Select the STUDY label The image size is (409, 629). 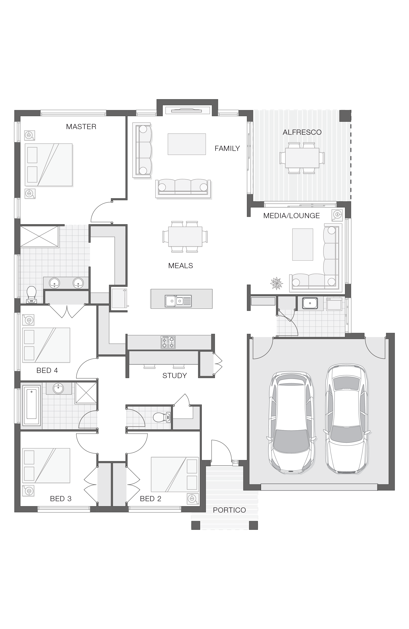174,375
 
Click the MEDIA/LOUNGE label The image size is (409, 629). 291,216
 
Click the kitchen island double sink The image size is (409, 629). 178,301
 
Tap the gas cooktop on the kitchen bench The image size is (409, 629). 168,342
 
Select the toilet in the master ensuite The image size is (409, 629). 31,294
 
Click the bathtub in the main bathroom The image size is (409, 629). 31,405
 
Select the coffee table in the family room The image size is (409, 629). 187,144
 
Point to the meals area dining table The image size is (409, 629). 185,236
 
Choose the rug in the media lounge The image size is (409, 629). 302,244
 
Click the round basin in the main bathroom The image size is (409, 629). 58,388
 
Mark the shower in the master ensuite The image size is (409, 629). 39,236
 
